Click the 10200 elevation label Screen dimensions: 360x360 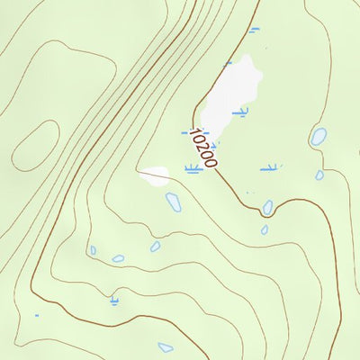204,148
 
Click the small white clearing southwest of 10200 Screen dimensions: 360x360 155,175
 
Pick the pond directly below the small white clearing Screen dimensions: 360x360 173,202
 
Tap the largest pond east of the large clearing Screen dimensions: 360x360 319,137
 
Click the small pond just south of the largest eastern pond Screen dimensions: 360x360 319,175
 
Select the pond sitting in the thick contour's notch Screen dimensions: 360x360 267,208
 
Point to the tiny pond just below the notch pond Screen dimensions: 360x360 265,229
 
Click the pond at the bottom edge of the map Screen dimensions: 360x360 166,346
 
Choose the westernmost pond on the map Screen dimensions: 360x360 93,250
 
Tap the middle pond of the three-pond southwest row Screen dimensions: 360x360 118,258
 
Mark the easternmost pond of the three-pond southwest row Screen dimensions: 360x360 155,246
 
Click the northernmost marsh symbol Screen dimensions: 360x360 254,30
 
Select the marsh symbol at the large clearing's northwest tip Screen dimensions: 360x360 228,63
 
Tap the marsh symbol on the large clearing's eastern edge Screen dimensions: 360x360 240,112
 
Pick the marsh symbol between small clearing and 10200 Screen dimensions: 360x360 192,168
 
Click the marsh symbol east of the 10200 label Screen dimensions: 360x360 269,167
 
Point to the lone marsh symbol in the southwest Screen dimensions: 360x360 113,300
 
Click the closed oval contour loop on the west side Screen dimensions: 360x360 35,143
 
